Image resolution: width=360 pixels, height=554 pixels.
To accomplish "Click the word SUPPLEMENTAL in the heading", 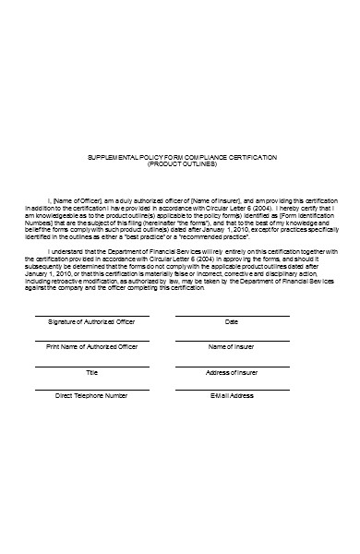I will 111,158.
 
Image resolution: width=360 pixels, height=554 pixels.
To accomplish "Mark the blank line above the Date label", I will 232,317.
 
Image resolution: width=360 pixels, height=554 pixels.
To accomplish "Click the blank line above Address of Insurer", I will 232,367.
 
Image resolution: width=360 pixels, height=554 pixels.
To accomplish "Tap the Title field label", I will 92,372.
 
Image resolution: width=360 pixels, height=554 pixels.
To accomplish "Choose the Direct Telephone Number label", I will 91,395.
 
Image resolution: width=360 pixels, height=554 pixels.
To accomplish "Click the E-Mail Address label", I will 232,395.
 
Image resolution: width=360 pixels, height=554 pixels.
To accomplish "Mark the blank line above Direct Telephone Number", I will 92,390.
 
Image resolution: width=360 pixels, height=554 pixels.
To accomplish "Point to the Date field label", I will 232,322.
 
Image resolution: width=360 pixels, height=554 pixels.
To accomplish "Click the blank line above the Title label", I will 92,367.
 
